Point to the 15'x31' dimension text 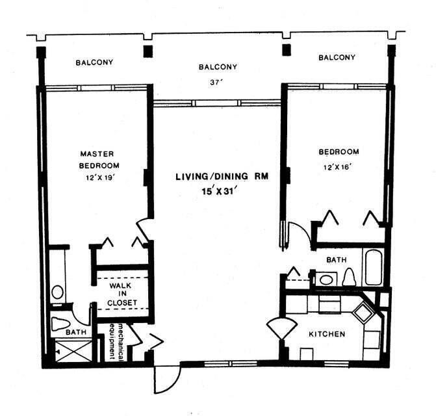coord(222,190)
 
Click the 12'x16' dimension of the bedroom coord(338,167)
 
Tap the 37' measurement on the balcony coord(218,83)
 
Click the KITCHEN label coord(326,334)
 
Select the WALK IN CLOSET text coord(120,294)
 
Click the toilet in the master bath coord(62,323)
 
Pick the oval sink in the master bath coord(57,291)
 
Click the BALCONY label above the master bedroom coord(94,63)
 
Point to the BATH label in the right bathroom coord(336,260)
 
